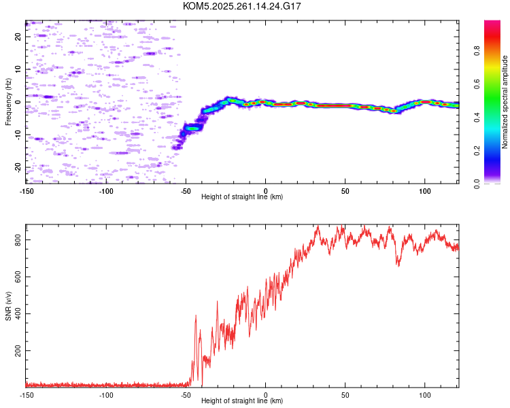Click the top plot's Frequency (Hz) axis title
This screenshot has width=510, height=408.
tap(8, 101)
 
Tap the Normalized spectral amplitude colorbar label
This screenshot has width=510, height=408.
tap(505, 103)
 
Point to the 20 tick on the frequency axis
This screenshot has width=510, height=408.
tap(18, 37)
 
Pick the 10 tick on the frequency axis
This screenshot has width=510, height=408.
tap(18, 69)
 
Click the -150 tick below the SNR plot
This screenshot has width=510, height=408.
tap(27, 394)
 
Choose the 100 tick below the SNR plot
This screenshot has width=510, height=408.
tap(425, 394)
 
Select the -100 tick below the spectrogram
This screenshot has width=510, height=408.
tap(106, 190)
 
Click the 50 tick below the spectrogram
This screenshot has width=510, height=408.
tap(345, 190)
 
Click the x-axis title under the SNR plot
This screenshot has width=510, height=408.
tap(242, 401)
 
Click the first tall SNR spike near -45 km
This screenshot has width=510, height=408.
tap(196, 316)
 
